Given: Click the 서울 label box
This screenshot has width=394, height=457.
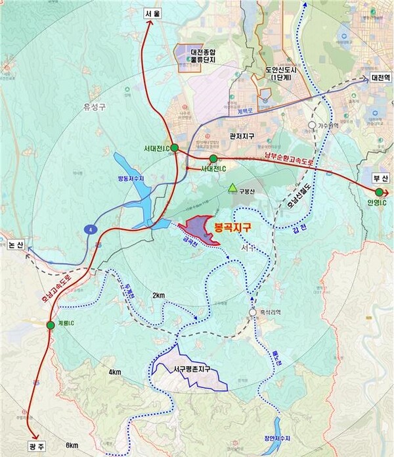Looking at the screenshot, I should [x=152, y=12].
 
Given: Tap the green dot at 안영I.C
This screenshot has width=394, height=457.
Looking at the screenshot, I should [x=379, y=192].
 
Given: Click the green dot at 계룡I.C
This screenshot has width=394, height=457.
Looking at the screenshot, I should [x=51, y=325].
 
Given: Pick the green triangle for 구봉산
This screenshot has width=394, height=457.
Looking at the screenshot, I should [x=231, y=189].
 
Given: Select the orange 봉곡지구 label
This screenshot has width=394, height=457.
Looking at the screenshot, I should [x=236, y=228].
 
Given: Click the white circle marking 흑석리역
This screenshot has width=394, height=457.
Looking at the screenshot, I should [x=253, y=312].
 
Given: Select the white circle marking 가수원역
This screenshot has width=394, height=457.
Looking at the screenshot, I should [x=313, y=124].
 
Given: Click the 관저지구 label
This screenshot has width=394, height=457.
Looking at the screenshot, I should [x=240, y=137].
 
